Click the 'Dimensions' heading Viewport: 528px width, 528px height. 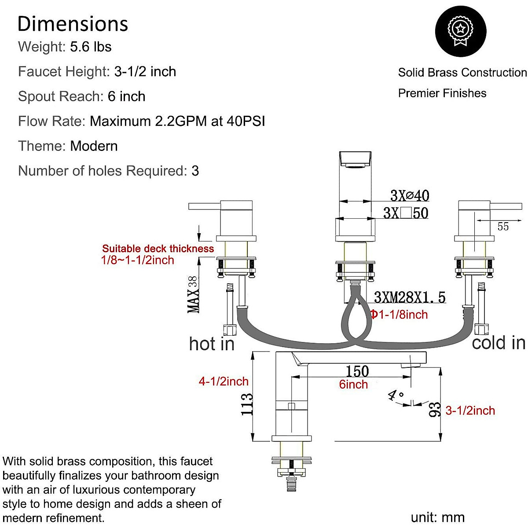(x=73, y=24)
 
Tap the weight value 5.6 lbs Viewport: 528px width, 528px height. (x=91, y=47)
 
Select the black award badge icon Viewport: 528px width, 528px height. (x=460, y=31)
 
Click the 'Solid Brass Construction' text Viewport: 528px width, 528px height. (x=462, y=73)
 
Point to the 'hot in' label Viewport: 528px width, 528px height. (x=212, y=344)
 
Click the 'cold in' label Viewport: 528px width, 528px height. (x=499, y=343)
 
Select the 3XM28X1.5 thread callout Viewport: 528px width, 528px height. (x=410, y=297)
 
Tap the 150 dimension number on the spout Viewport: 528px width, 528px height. (x=357, y=371)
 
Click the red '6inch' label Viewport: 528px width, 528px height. (x=353, y=385)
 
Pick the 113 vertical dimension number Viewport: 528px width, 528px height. (x=247, y=404)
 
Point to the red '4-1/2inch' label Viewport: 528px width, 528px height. (x=224, y=381)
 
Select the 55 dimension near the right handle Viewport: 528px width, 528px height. (x=503, y=226)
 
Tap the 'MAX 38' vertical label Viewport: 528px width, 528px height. (x=194, y=294)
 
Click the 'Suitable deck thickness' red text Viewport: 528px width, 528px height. (x=158, y=249)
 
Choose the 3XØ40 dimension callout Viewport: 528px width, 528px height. (x=410, y=195)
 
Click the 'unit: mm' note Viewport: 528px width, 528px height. (x=437, y=517)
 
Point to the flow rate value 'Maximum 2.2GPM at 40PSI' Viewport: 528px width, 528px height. (x=177, y=121)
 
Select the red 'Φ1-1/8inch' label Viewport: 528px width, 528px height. (x=399, y=315)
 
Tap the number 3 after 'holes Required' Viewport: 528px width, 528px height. (x=195, y=171)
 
